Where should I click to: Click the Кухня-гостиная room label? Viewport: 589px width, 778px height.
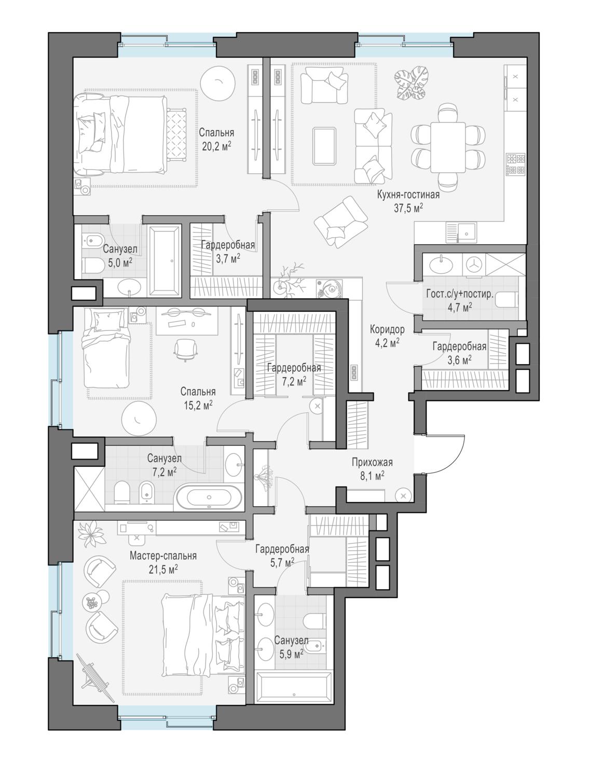pyautogui.click(x=408, y=195)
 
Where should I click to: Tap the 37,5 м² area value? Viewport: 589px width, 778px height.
pyautogui.click(x=408, y=208)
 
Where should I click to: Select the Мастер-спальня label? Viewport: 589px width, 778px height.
pyautogui.click(x=163, y=555)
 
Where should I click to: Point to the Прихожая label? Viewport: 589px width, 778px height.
pyautogui.click(x=372, y=462)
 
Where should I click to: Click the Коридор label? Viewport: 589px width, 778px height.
pyautogui.click(x=387, y=329)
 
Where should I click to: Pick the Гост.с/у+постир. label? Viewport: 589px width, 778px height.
pyautogui.click(x=460, y=294)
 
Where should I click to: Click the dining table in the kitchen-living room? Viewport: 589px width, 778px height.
pyautogui.click(x=448, y=147)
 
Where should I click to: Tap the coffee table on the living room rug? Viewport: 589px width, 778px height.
pyautogui.click(x=324, y=146)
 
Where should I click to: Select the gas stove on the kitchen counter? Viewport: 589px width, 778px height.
pyautogui.click(x=516, y=164)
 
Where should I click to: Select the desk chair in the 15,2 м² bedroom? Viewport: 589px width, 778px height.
pyautogui.click(x=185, y=349)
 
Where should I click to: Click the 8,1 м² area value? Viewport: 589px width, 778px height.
pyautogui.click(x=372, y=476)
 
